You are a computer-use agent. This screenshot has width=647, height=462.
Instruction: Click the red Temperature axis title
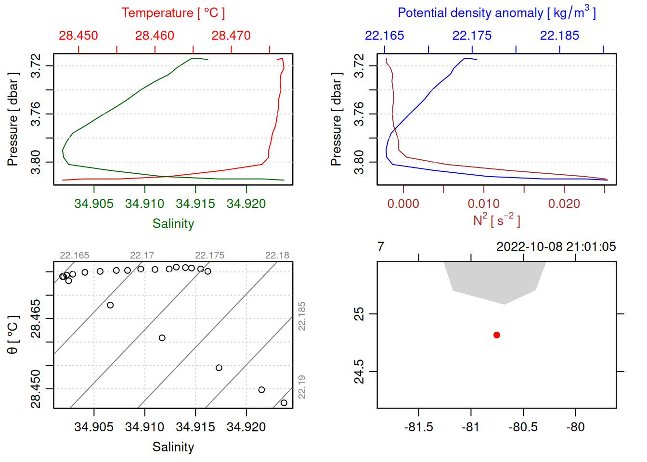click(173, 13)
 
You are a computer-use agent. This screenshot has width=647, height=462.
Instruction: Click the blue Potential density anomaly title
click(496, 13)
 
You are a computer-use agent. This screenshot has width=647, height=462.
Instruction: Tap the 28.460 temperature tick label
click(155, 36)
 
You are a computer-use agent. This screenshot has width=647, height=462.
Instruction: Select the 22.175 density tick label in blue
click(472, 36)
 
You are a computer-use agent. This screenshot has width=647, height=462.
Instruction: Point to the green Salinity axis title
click(173, 224)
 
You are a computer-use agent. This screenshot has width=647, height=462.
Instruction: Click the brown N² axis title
click(496, 220)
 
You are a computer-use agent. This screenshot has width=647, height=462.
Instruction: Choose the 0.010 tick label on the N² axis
click(483, 204)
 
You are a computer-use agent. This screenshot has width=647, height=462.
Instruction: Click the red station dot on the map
click(497, 335)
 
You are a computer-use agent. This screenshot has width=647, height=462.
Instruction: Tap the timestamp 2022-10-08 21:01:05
click(556, 247)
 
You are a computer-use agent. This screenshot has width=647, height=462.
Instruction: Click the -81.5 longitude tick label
click(418, 427)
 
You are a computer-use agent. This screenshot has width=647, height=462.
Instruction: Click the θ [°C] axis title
click(13, 335)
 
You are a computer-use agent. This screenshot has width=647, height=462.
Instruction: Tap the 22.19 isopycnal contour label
click(302, 387)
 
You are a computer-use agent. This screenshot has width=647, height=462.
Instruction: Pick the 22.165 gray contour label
click(75, 256)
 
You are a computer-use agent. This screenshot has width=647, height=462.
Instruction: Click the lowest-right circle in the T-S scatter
click(284, 403)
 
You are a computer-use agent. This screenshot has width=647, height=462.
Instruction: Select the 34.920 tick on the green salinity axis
click(246, 204)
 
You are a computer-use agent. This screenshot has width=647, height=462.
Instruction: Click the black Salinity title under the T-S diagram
click(173, 447)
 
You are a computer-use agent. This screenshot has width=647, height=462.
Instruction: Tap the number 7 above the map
click(381, 247)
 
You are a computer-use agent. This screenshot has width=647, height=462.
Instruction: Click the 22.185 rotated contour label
click(302, 316)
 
